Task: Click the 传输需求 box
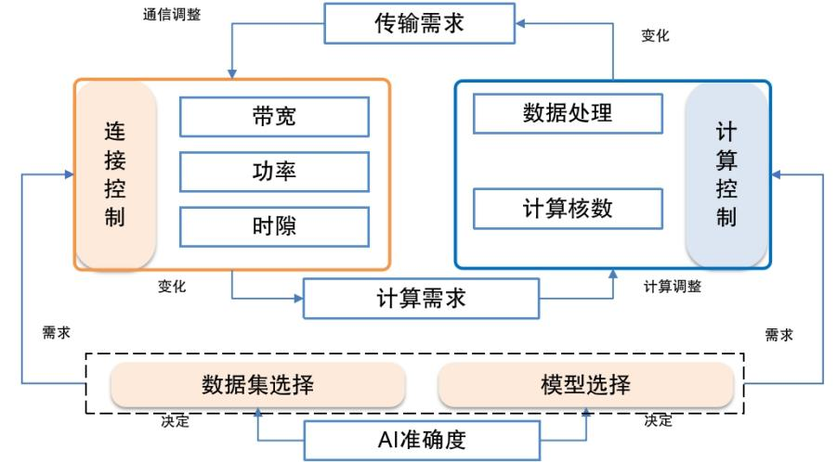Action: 420,24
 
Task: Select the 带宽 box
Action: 274,117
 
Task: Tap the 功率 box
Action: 274,171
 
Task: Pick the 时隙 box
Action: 274,225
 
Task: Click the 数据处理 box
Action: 568,114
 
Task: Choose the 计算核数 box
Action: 568,208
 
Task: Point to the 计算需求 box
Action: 421,299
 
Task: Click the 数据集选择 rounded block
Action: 257,385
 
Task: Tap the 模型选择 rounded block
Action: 585,385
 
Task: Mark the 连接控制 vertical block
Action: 116,175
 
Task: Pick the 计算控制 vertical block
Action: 726,174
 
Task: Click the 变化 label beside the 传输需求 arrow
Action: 655,36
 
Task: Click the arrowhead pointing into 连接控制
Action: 70,173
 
